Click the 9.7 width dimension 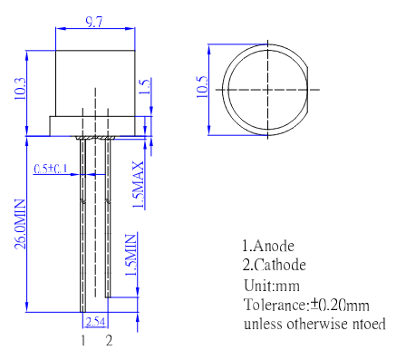[x=94, y=23]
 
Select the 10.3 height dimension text [x=21, y=89]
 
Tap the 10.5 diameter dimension [x=202, y=86]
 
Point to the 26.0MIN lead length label [x=21, y=224]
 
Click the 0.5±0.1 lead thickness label [x=51, y=169]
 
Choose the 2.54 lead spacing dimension [x=95, y=321]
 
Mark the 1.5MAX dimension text [x=139, y=185]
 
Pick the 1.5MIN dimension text [x=130, y=255]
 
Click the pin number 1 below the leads [x=83, y=341]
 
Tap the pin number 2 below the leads [x=109, y=341]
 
